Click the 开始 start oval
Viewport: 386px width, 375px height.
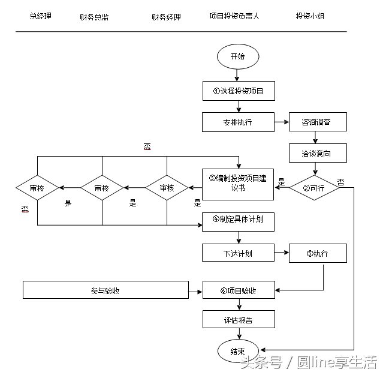point(238,57)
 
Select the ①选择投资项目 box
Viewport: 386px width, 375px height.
point(239,91)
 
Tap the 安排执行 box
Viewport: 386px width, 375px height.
point(239,122)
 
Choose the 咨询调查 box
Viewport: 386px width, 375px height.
point(318,122)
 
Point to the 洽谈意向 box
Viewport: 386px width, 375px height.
point(318,153)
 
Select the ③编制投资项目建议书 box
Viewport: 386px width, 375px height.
point(239,183)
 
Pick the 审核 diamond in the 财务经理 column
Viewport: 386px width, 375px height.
point(167,188)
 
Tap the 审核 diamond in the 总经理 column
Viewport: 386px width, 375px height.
point(37,188)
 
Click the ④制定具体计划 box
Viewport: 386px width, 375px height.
point(239,220)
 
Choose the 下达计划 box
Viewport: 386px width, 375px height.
point(239,253)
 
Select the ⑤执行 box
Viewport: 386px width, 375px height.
point(318,253)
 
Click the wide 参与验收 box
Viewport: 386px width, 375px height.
point(105,290)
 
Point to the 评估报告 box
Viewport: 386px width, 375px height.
point(239,320)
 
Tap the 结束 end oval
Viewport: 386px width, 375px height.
point(238,351)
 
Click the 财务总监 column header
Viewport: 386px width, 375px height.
point(94,17)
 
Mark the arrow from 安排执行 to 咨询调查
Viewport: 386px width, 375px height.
point(282,122)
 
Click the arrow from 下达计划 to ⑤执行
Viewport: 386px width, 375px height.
point(282,253)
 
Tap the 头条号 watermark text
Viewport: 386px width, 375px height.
point(261,362)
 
